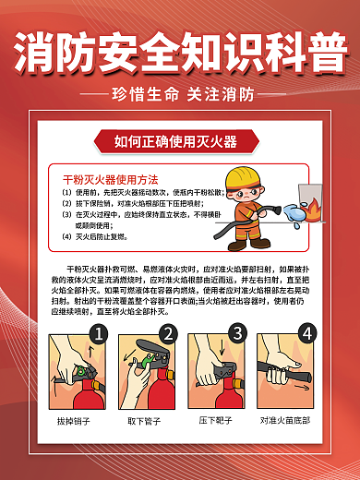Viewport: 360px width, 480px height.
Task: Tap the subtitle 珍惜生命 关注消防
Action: [180, 95]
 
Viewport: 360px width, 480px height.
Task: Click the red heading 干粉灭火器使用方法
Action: [110, 178]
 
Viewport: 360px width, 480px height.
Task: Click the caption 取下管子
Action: [146, 421]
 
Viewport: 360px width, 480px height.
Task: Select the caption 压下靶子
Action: [215, 421]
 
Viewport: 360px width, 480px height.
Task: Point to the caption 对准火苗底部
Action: [284, 421]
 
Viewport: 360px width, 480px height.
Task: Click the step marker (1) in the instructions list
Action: [66, 192]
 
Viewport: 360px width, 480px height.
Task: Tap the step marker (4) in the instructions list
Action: [66, 235]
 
